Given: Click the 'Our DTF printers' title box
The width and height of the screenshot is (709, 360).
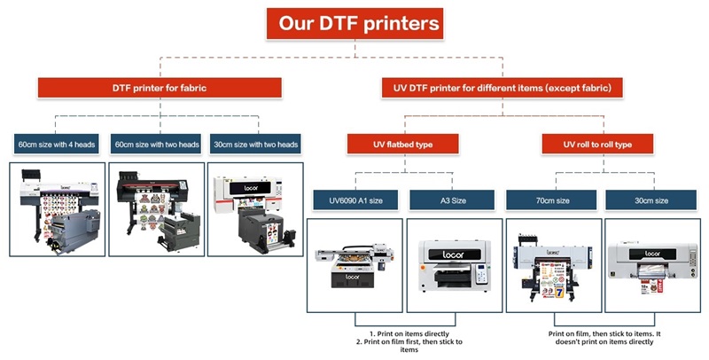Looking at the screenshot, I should click(x=359, y=23).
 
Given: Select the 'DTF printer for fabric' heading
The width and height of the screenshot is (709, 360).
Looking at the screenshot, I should click(x=160, y=88).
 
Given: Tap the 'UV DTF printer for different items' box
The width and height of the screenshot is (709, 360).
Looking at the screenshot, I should click(x=503, y=88).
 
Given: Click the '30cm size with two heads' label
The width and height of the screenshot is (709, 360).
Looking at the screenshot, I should click(x=256, y=144).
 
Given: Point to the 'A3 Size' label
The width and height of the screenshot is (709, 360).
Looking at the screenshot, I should click(x=452, y=200).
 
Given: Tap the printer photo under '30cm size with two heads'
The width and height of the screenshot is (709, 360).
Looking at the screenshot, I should click(x=256, y=209).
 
